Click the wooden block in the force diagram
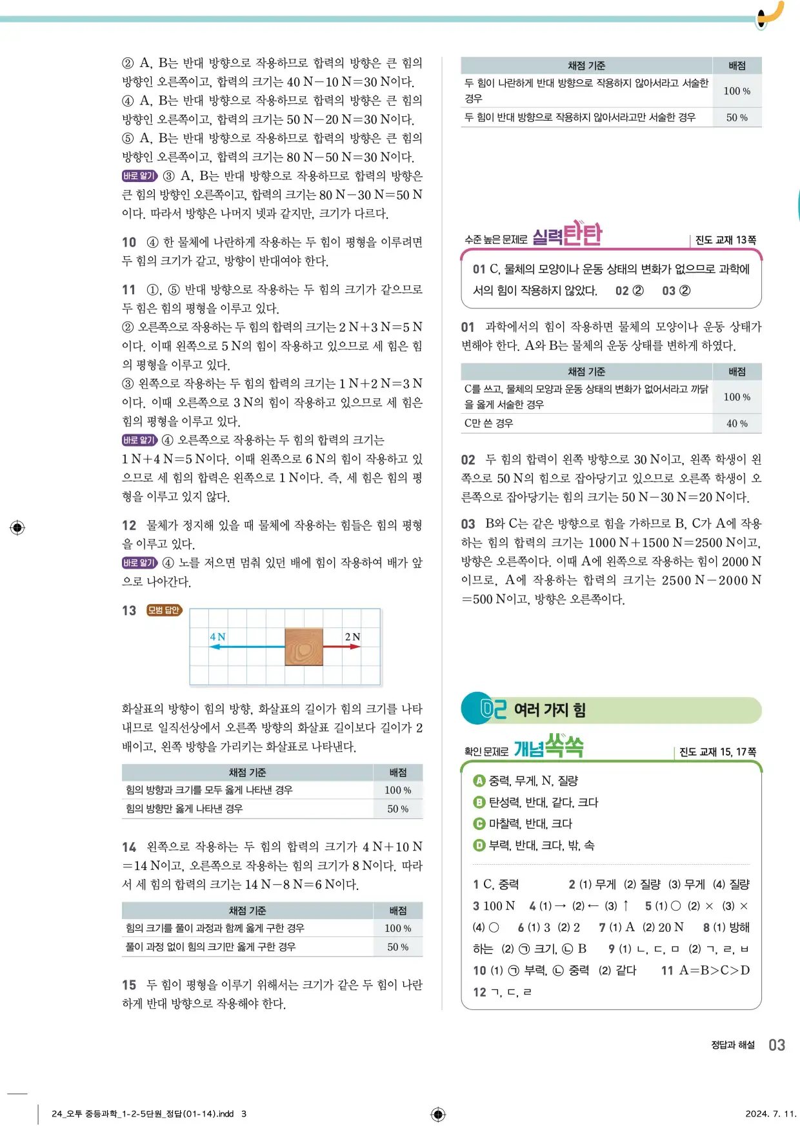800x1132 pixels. pyautogui.click(x=304, y=647)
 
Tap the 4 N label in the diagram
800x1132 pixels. pyautogui.click(x=217, y=637)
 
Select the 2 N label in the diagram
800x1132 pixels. pyautogui.click(x=352, y=637)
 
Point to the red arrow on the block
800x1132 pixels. pyautogui.click(x=341, y=647)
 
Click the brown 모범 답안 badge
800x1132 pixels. pyautogui.click(x=164, y=611)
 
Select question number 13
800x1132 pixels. pyautogui.click(x=129, y=611)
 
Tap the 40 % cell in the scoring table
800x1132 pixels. pyautogui.click(x=737, y=423)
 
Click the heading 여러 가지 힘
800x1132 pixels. pyautogui.click(x=550, y=710)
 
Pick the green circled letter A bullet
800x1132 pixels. pyautogui.click(x=479, y=781)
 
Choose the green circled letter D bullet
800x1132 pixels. pyautogui.click(x=479, y=845)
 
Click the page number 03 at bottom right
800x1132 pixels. pyautogui.click(x=777, y=1045)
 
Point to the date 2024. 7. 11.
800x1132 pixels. pyautogui.click(x=770, y=1113)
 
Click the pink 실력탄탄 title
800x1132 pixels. pyautogui.click(x=567, y=235)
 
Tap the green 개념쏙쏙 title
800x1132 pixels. pyautogui.click(x=548, y=747)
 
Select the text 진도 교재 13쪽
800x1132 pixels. pyautogui.click(x=725, y=240)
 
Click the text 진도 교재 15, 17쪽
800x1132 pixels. pyautogui.click(x=717, y=752)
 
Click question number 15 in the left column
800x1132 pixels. pyautogui.click(x=129, y=985)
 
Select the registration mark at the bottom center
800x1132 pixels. pyautogui.click(x=438, y=1114)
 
